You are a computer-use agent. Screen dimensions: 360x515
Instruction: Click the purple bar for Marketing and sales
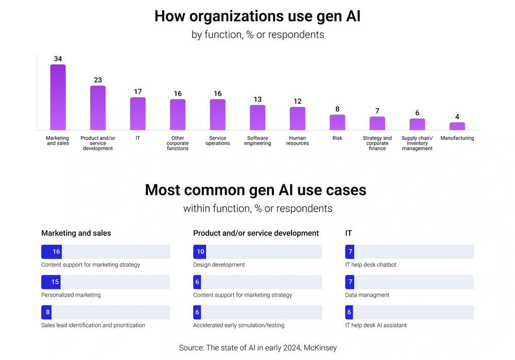58,97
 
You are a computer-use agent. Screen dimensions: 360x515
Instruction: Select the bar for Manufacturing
457,126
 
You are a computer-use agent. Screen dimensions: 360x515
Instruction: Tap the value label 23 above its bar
98,80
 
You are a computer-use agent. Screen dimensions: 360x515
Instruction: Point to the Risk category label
337,138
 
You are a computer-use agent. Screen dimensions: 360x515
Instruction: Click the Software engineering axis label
257,141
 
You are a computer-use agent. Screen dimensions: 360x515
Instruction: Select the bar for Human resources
298,118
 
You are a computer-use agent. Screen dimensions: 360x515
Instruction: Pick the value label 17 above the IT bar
138,92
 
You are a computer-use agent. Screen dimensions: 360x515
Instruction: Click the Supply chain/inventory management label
417,143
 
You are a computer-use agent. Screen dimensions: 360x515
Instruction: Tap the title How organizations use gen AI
257,16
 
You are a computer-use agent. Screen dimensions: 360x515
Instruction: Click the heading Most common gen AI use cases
255,190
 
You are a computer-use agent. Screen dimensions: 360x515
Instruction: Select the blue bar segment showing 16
51,252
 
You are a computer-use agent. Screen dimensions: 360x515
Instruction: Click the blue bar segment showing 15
51,282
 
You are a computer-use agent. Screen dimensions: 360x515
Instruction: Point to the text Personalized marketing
71,295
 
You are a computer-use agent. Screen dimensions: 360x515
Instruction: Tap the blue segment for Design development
200,252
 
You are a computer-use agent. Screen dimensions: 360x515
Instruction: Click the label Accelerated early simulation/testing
238,325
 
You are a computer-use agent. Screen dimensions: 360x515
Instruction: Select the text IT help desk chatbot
371,265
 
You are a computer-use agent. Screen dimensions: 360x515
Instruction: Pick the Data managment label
367,295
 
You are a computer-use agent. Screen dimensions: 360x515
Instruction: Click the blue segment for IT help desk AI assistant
349,312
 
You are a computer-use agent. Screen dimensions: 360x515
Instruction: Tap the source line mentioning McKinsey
257,348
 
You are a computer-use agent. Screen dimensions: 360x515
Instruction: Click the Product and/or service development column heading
256,233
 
